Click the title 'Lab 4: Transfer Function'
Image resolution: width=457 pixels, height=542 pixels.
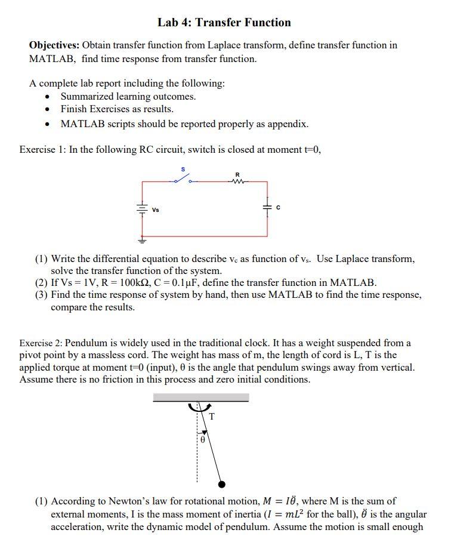pos(224,23)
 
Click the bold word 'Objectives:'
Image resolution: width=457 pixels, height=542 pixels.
pos(54,45)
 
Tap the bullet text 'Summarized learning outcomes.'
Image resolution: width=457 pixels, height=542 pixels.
pos(128,96)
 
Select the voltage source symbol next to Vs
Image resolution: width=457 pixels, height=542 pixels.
pos(142,209)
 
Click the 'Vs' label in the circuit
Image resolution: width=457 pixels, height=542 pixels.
pos(156,210)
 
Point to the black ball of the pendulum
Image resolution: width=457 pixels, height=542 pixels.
pos(222,484)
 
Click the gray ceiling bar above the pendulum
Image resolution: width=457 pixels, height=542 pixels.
pos(200,397)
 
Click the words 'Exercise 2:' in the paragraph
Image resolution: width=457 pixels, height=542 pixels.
pos(41,343)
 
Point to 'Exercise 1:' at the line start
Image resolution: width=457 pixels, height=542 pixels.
pos(42,150)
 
